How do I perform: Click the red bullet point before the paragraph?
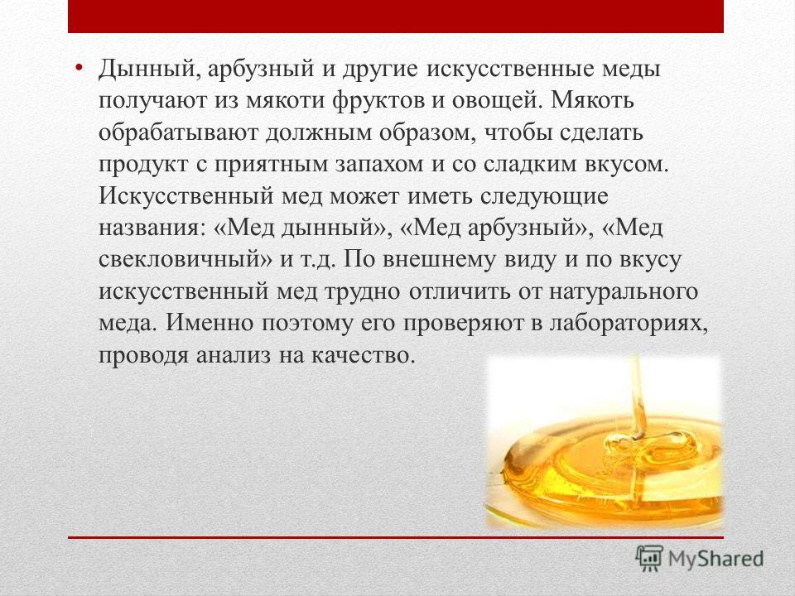(78, 68)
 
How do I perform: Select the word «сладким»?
(529, 164)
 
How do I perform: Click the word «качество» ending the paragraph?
(364, 356)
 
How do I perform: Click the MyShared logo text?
(715, 559)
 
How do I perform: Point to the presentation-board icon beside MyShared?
(650, 558)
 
